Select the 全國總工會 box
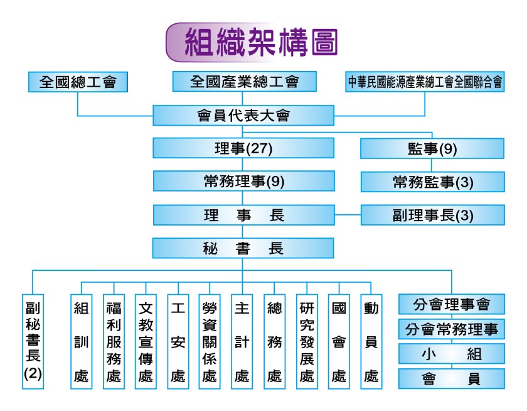(78, 82)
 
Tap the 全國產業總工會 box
(244, 82)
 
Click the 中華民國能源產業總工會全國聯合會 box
(425, 82)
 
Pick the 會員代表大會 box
(244, 116)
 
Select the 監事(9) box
(432, 149)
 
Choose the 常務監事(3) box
(432, 182)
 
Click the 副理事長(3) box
(432, 215)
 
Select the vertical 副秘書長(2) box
(33, 341)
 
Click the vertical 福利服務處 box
(114, 341)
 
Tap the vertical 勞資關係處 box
(210, 341)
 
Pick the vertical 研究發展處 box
(307, 341)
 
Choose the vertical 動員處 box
(371, 341)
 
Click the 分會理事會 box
(452, 305)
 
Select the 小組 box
(452, 354)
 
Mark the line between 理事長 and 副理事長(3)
(348, 215)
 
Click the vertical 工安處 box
(178, 341)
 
